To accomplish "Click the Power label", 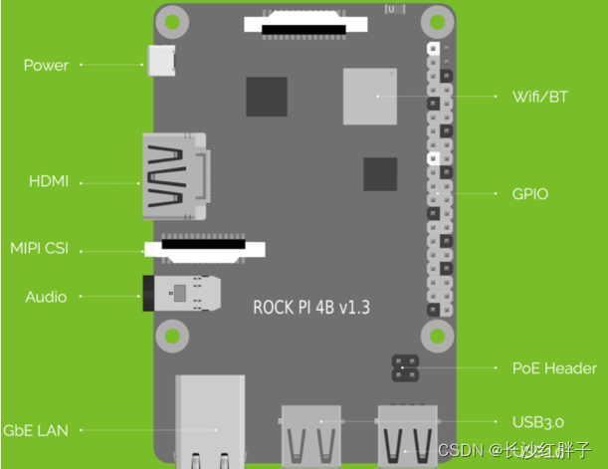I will (46, 66).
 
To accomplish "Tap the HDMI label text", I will (48, 182).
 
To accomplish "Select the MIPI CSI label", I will (39, 248).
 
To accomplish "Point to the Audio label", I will (46, 297).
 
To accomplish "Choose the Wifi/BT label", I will (540, 97).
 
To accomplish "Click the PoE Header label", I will (555, 368).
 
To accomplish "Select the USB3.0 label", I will (538, 422).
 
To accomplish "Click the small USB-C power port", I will (161, 62).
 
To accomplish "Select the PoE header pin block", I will (404, 368).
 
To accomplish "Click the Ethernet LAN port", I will (210, 422).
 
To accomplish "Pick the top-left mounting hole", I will (173, 21).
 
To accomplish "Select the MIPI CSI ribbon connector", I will (206, 250).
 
